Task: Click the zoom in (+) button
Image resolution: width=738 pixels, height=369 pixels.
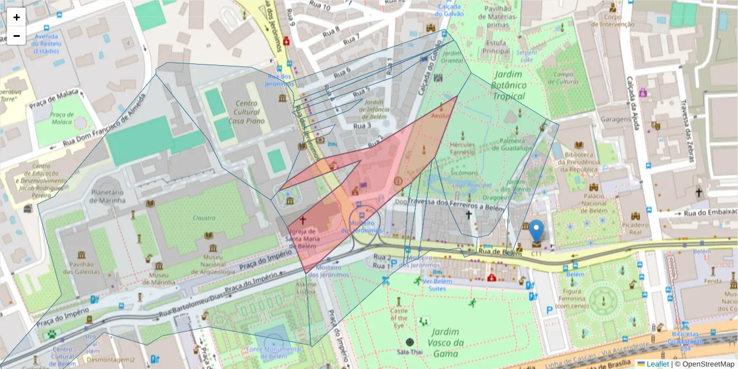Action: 17,17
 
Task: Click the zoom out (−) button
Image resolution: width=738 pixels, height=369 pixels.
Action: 17,36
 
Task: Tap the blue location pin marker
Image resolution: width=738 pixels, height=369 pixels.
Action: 537,232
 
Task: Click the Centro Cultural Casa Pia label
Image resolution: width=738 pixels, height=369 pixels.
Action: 245,112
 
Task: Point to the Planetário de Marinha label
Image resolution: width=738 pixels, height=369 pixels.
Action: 108,196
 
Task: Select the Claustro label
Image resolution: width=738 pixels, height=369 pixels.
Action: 204,218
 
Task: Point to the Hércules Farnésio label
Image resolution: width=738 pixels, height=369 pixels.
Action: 462,148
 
